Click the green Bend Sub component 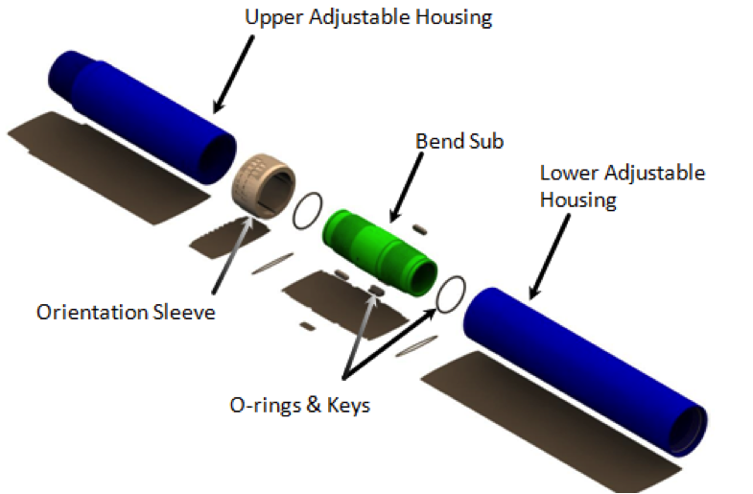point(380,252)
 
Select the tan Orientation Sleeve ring point(263,185)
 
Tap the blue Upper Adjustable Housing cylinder point(142,117)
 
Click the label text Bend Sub point(459,141)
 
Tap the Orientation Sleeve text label point(126,312)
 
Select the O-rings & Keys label point(300,405)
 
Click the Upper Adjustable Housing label point(368,17)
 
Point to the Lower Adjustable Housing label point(623,186)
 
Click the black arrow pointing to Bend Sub point(407,187)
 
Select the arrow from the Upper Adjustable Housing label point(233,75)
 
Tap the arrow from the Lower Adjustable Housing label point(550,257)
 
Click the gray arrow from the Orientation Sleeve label point(233,254)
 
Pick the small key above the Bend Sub point(420,229)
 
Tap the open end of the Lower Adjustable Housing point(689,430)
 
